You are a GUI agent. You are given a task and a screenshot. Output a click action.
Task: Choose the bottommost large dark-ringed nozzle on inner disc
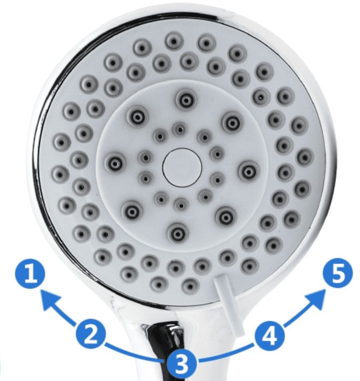point(178,234)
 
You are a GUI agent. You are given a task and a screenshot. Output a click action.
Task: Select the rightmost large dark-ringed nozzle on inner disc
point(249,172)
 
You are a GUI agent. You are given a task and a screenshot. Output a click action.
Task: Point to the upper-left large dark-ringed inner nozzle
point(138,118)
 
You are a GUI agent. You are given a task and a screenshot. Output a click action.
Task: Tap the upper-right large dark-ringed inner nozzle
point(233,123)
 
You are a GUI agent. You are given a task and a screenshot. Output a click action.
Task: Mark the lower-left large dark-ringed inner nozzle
point(132,212)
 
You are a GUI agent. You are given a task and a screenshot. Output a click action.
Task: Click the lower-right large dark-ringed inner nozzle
point(226,216)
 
